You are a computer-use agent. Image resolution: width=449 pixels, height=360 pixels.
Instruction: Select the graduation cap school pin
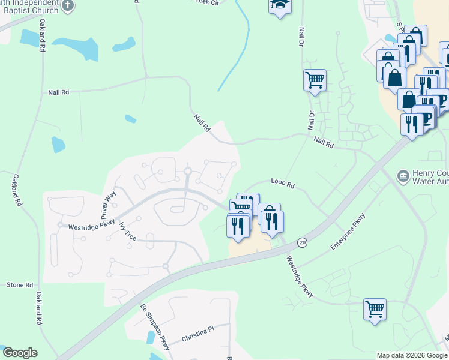[279, 6]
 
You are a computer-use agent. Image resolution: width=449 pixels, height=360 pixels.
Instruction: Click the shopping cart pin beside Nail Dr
[315, 80]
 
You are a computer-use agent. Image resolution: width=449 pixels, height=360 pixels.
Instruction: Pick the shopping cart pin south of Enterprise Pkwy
[375, 310]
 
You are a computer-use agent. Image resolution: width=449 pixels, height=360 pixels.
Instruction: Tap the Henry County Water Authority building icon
[403, 176]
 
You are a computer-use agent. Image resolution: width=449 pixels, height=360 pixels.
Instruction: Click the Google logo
[20, 353]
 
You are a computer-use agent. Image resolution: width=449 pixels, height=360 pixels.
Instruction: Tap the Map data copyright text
[412, 355]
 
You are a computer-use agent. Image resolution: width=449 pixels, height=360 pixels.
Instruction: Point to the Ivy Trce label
[128, 232]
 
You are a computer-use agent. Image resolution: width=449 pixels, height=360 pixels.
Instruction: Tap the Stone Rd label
[20, 285]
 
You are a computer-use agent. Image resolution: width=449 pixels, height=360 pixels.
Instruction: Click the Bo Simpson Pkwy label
[155, 326]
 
